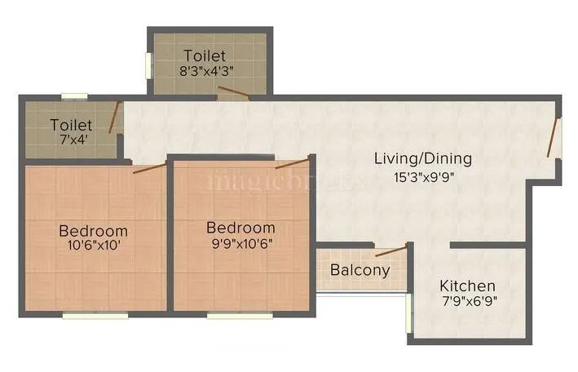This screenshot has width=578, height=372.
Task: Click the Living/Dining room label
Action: [x=422, y=158]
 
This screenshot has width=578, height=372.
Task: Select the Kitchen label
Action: [x=467, y=286]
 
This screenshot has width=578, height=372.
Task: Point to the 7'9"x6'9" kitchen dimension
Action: [x=468, y=299]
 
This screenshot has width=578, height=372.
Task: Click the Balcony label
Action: [x=360, y=270]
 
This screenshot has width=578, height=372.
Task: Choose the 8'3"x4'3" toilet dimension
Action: [x=208, y=69]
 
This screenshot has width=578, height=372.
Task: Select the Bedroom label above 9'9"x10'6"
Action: [x=240, y=227]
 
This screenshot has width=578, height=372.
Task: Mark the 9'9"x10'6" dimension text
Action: [x=240, y=241]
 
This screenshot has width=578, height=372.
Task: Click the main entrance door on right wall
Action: [x=554, y=137]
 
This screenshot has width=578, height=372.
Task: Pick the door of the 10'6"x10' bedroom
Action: [x=149, y=168]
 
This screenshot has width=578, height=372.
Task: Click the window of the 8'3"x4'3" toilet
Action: [x=148, y=66]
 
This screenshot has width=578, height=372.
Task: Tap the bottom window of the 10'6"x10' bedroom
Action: [x=95, y=314]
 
